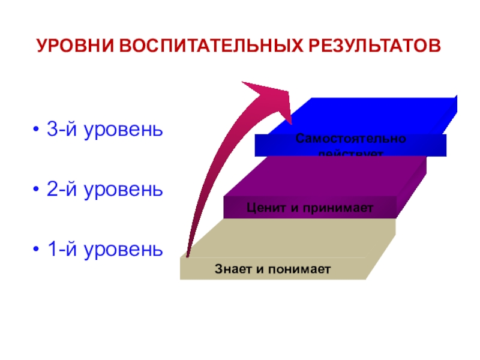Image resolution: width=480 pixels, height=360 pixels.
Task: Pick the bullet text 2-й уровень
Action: [104, 190]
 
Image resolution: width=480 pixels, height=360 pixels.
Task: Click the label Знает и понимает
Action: [273, 269]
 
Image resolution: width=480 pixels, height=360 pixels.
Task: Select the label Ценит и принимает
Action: [310, 208]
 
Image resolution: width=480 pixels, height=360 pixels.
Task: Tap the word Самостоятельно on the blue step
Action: [350, 139]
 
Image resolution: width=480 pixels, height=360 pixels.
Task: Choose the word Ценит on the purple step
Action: [262, 208]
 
